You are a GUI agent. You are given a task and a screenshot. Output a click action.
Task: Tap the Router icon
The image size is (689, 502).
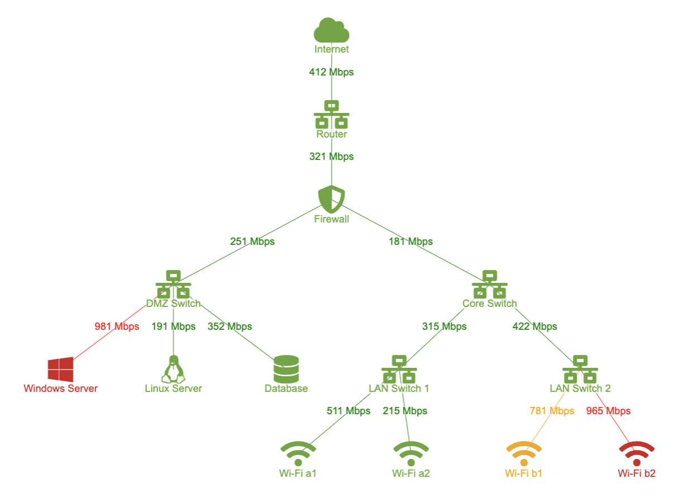click(x=331, y=114)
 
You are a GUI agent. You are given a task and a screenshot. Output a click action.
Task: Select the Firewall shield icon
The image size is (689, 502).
click(x=331, y=199)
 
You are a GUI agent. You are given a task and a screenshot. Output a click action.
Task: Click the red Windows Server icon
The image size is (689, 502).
click(x=61, y=370)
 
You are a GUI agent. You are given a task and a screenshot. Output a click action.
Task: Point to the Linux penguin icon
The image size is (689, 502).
click(x=174, y=369)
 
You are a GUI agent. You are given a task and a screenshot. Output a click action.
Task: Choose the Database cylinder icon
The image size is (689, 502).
click(x=286, y=369)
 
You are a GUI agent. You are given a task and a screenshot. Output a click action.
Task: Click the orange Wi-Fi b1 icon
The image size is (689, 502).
click(x=524, y=454)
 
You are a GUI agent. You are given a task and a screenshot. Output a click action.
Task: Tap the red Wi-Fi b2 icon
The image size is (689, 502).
click(x=637, y=454)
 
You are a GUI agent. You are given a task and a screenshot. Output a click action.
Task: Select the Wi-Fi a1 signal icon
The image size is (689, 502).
click(x=298, y=454)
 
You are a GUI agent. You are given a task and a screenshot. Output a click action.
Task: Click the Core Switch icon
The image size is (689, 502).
click(x=490, y=284)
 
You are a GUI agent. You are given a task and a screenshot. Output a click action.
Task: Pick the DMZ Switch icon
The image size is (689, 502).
click(x=174, y=284)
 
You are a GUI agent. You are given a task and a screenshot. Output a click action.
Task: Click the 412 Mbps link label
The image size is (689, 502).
click(x=331, y=72)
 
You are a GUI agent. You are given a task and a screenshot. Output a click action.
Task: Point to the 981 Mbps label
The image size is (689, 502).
click(x=117, y=326)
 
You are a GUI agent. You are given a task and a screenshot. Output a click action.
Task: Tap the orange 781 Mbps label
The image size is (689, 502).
click(x=552, y=411)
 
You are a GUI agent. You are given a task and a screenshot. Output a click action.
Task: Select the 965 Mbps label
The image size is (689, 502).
click(x=609, y=411)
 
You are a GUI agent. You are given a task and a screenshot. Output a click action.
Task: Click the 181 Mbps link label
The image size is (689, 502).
click(x=410, y=241)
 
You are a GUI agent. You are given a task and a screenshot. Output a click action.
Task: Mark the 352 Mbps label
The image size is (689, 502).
click(x=230, y=326)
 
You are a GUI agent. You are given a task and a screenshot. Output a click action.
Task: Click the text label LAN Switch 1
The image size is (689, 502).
click(x=399, y=389)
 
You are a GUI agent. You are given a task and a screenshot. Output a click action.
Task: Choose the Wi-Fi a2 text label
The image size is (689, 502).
click(x=411, y=473)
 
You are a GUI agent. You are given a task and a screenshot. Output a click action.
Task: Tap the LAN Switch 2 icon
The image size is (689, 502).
click(x=580, y=369)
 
